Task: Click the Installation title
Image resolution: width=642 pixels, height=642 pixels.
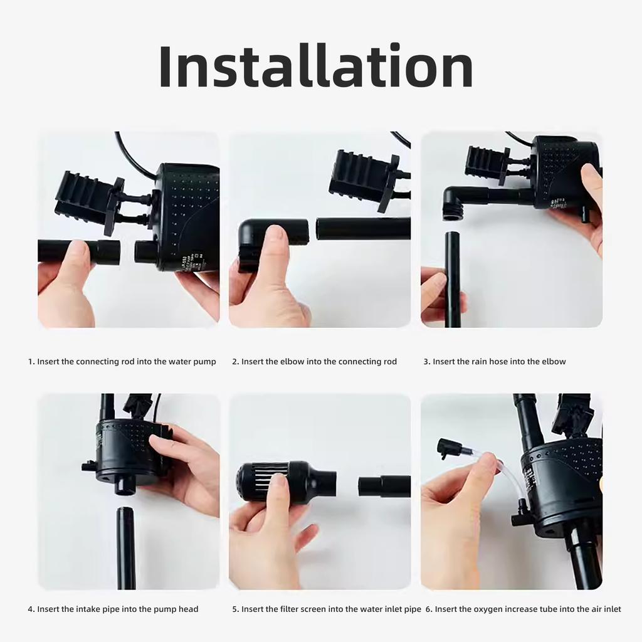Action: pos(316,66)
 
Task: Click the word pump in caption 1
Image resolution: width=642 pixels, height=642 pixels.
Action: pos(204,362)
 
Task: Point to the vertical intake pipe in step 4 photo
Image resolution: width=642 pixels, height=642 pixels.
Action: pos(125,545)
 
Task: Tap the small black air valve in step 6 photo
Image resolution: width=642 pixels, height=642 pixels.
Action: pos(449,448)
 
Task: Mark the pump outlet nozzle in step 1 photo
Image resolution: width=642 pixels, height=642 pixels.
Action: pos(147,251)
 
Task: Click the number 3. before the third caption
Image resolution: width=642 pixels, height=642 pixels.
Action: pos(427,362)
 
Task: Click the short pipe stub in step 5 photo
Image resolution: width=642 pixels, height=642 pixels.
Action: pos(384,486)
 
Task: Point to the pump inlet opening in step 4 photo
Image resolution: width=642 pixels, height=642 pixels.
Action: pos(125,485)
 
